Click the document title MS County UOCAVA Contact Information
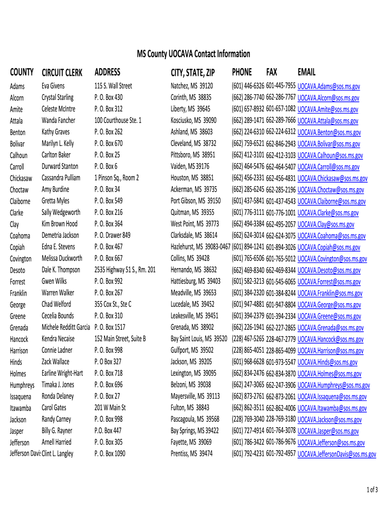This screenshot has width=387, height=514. [x=193, y=54]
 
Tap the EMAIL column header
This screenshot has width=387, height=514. [x=307, y=72]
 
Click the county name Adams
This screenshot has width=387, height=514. [x=17, y=86]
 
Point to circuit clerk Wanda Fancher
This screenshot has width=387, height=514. [x=58, y=120]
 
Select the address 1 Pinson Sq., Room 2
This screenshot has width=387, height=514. [x=116, y=178]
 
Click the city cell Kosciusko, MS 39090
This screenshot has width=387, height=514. [x=193, y=120]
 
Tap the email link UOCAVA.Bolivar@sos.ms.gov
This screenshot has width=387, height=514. [x=329, y=144]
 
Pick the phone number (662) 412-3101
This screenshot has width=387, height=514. [x=248, y=155]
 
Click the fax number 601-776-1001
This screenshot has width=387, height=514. [x=280, y=213]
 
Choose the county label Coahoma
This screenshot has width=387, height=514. [x=20, y=235]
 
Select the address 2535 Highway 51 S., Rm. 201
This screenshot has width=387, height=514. [x=125, y=270]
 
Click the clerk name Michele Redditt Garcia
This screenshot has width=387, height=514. [x=66, y=327]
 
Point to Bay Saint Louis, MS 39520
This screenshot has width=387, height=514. [x=199, y=339]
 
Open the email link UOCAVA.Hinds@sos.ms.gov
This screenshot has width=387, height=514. [x=327, y=362]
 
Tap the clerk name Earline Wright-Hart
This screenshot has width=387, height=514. [x=62, y=373]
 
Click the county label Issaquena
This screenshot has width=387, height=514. [x=21, y=397]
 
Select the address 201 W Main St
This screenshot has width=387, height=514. [x=110, y=408]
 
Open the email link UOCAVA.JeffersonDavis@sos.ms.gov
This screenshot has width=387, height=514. [x=337, y=454]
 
